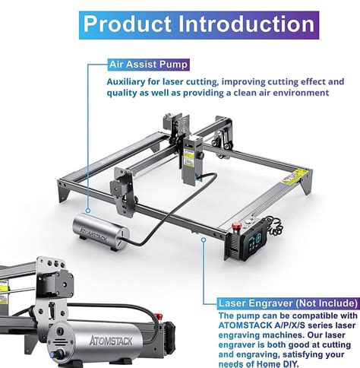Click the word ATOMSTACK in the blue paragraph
[x=247, y=325]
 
